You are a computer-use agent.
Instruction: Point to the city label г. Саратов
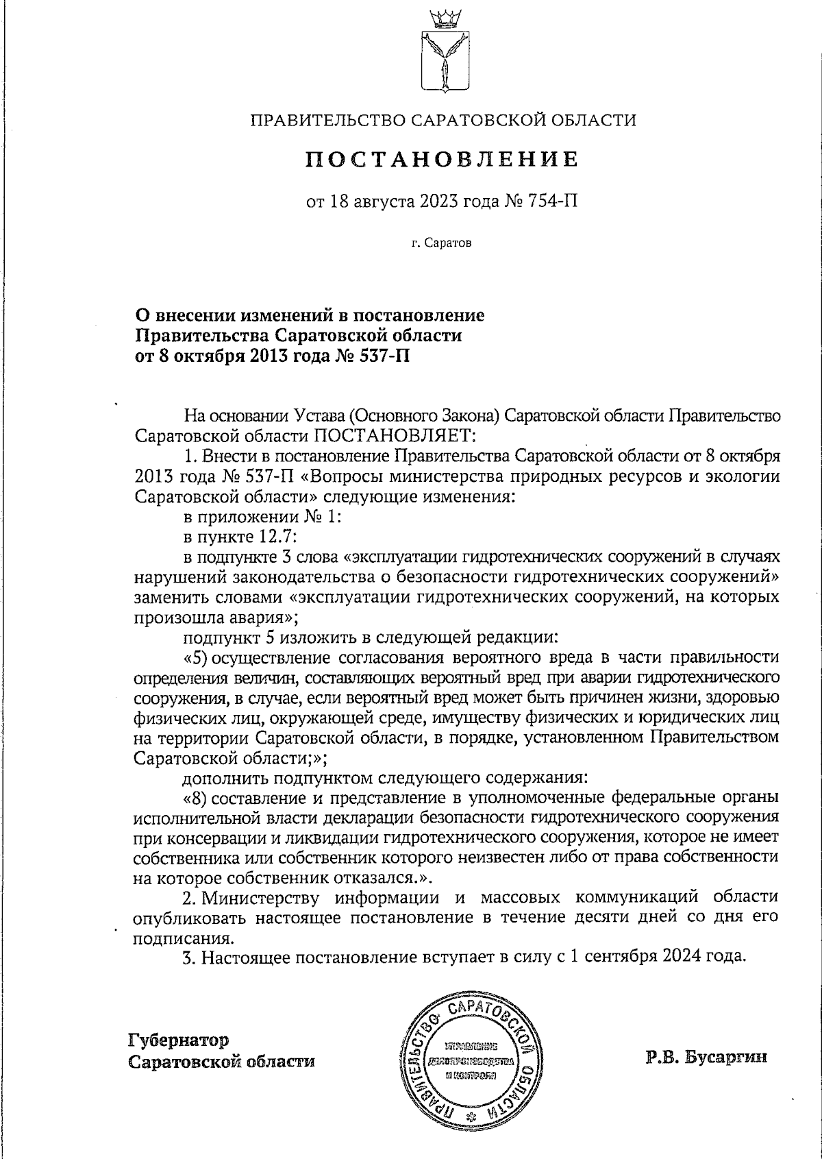[x=442, y=243]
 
